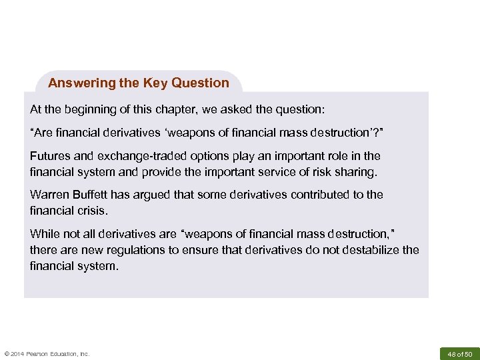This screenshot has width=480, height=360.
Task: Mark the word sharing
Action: [x=357, y=172]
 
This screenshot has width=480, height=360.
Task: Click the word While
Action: [x=45, y=234]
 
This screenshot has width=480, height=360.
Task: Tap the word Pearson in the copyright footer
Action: [x=45, y=354]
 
